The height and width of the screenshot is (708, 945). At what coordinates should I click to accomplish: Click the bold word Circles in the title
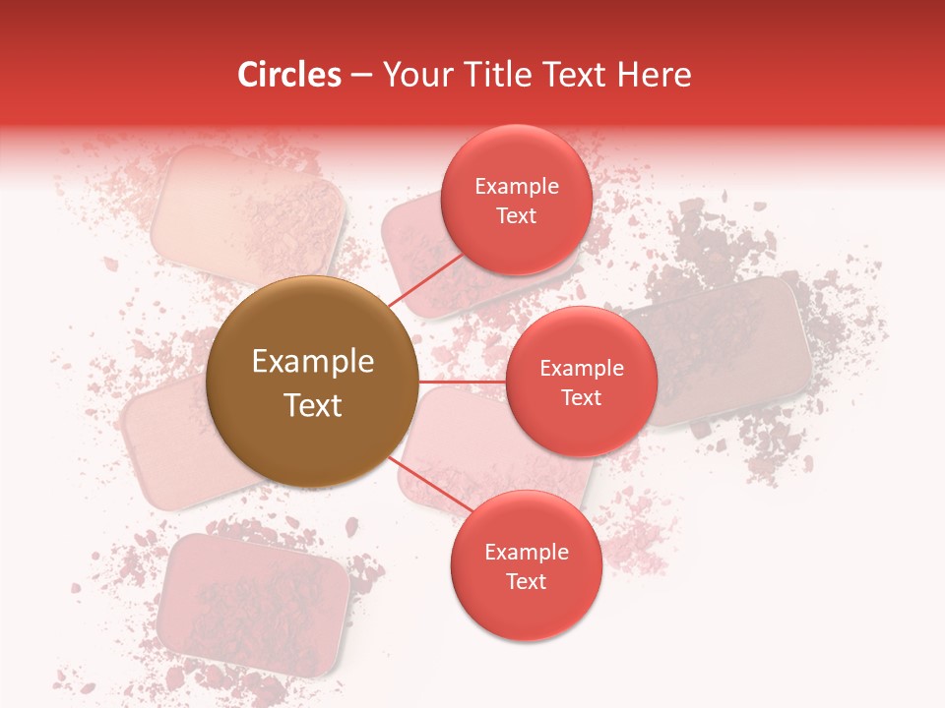click(x=289, y=75)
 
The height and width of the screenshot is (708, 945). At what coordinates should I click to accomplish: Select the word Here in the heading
click(x=654, y=75)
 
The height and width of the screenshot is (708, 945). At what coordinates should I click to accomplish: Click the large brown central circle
click(x=312, y=382)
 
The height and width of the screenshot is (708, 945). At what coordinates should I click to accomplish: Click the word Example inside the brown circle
click(x=313, y=362)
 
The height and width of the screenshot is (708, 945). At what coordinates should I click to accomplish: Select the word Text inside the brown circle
click(x=313, y=405)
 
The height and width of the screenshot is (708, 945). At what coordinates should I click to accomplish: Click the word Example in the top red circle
click(x=517, y=187)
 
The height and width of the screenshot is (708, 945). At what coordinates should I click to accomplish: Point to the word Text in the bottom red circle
click(x=526, y=581)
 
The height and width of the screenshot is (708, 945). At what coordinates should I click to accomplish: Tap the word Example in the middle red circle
click(x=582, y=369)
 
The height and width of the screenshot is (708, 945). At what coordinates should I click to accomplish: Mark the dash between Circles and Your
click(x=360, y=76)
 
